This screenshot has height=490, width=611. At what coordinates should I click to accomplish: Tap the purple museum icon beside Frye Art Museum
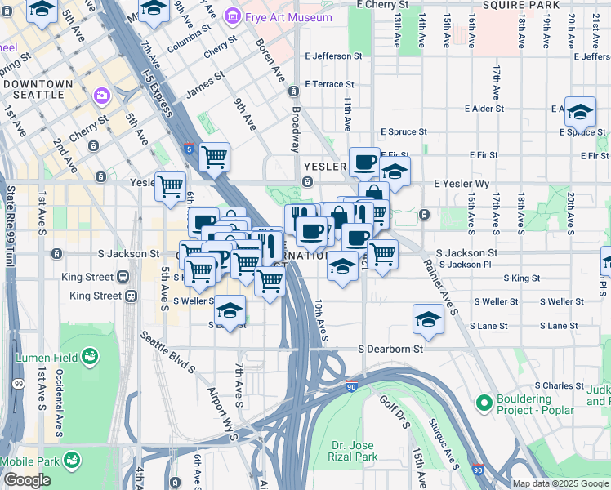click(x=233, y=16)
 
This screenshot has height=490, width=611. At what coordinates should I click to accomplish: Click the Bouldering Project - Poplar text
click(x=546, y=402)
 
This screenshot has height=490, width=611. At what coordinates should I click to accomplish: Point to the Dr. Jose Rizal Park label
click(x=352, y=451)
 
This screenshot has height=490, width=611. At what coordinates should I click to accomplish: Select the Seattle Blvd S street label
click(x=167, y=352)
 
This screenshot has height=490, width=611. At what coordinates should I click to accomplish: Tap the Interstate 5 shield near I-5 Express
click(x=189, y=149)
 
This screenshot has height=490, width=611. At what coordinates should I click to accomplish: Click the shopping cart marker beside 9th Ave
click(x=214, y=156)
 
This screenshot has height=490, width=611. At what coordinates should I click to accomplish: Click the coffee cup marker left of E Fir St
click(x=363, y=160)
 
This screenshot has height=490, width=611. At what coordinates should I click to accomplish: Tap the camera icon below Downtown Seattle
click(x=102, y=96)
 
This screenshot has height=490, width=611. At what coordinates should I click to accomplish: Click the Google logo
click(x=27, y=480)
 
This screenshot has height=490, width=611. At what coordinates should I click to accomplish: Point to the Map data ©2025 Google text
click(x=560, y=483)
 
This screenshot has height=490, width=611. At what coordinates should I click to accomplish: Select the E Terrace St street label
click(x=329, y=84)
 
